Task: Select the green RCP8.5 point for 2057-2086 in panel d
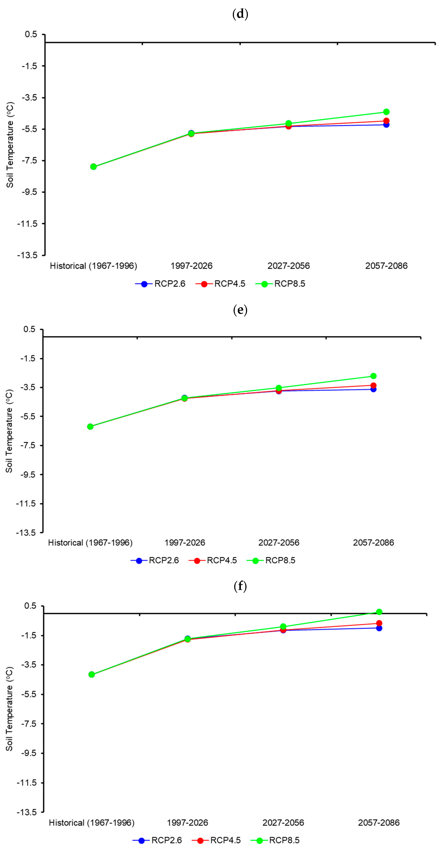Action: pos(386,112)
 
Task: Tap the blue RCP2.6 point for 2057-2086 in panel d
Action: pos(386,125)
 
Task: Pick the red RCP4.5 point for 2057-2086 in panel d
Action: pos(386,121)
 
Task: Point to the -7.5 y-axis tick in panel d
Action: pos(29,160)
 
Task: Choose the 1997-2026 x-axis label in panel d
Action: pos(191,266)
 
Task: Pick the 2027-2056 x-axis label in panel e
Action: pos(279,543)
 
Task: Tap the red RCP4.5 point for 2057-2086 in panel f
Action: pos(379,623)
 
